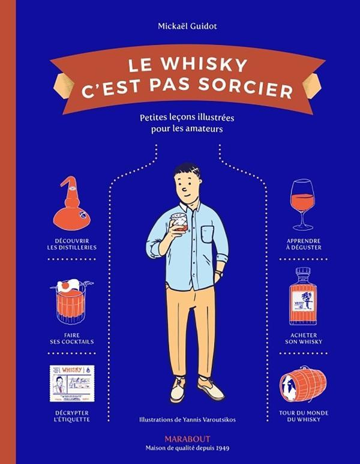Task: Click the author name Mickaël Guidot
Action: pos(180,26)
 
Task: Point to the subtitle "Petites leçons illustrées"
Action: pos(180,119)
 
